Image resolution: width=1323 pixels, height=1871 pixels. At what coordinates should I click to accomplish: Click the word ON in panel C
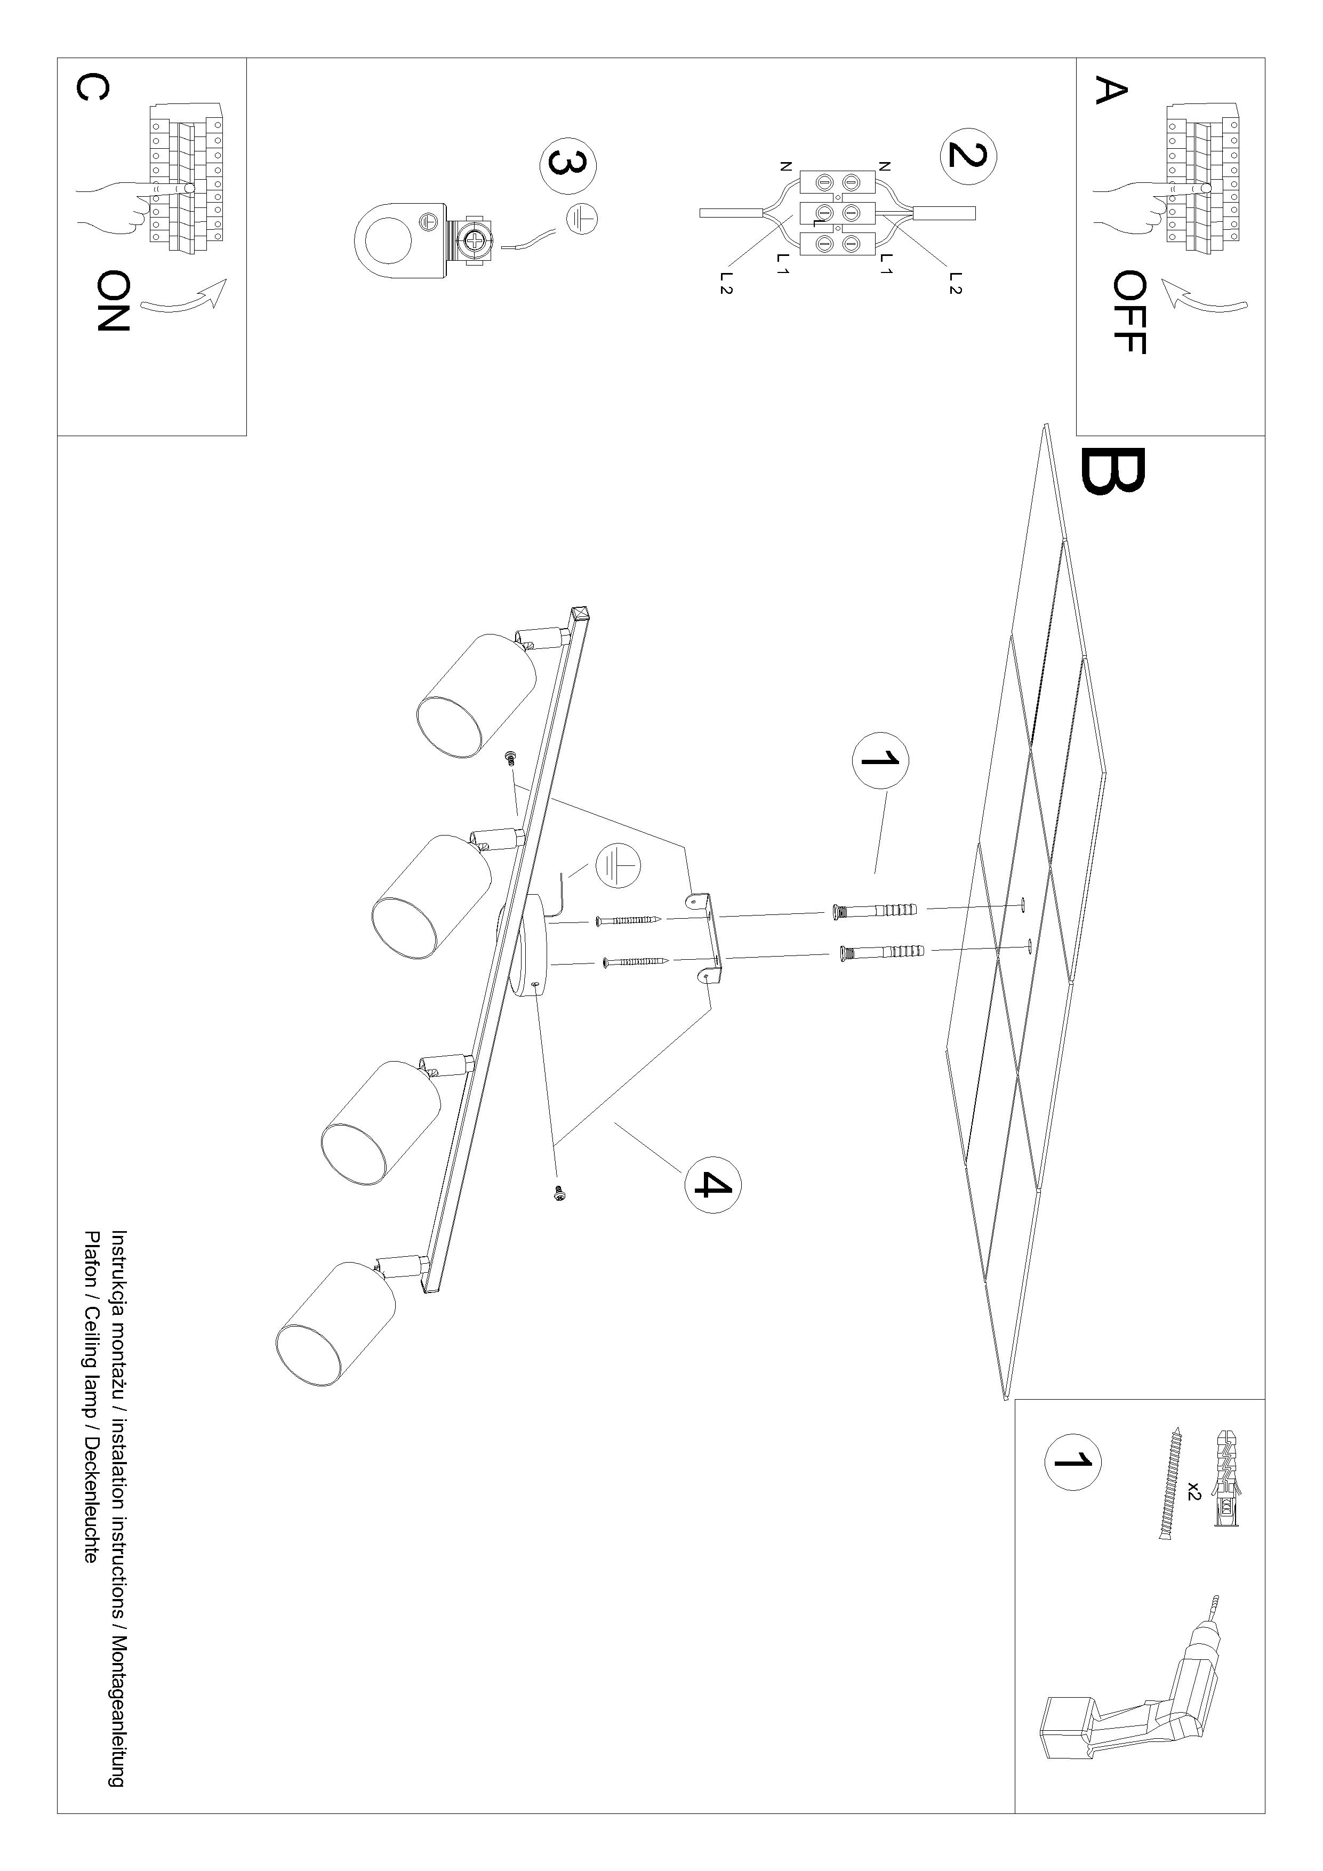(x=113, y=301)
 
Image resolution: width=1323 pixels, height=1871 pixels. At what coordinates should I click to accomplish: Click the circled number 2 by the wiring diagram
(x=968, y=155)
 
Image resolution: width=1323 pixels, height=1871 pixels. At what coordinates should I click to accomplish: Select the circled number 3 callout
(x=568, y=165)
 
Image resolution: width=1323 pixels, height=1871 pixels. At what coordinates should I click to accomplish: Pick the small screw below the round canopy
(x=559, y=1193)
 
